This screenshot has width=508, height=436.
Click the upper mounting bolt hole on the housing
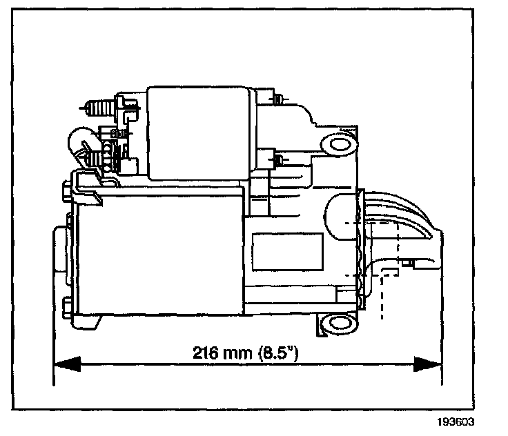coord(338,144)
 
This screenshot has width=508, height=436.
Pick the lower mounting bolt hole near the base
coord(338,323)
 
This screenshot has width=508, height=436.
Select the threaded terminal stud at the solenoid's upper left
coord(99,108)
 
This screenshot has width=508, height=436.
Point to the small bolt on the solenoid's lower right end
coord(277,161)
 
